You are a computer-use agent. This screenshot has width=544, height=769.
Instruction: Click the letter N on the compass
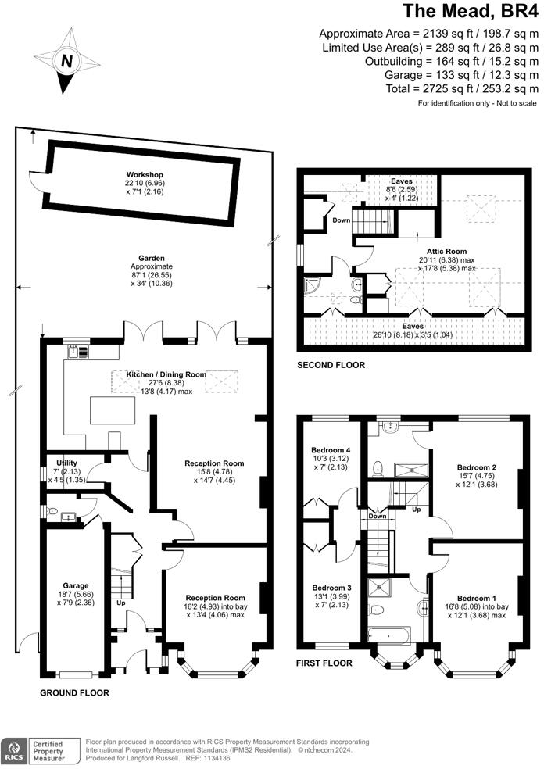67,61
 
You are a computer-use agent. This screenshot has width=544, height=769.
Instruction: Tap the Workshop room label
145,174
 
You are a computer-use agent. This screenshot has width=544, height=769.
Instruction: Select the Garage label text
76,585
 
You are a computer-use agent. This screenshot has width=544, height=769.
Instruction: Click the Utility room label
66,463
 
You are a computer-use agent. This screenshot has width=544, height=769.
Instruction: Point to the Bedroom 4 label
331,450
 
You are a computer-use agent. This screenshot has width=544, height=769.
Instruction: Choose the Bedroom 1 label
476,599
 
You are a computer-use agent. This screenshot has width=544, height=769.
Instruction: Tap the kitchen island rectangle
113,410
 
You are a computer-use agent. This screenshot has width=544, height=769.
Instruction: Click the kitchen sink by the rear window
79,351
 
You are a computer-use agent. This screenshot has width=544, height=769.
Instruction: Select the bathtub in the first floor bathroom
389,635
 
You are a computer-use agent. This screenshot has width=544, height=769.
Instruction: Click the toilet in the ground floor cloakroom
52,511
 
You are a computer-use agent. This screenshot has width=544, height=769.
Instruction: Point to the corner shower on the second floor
311,286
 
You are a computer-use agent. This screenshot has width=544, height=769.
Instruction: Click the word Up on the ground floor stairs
120,603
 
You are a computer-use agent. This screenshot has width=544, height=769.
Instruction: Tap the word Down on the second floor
342,220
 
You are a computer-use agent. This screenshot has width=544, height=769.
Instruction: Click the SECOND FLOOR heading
331,365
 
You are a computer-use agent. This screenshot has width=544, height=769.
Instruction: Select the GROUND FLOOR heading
74,692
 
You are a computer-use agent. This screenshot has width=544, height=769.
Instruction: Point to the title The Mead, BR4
471,11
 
